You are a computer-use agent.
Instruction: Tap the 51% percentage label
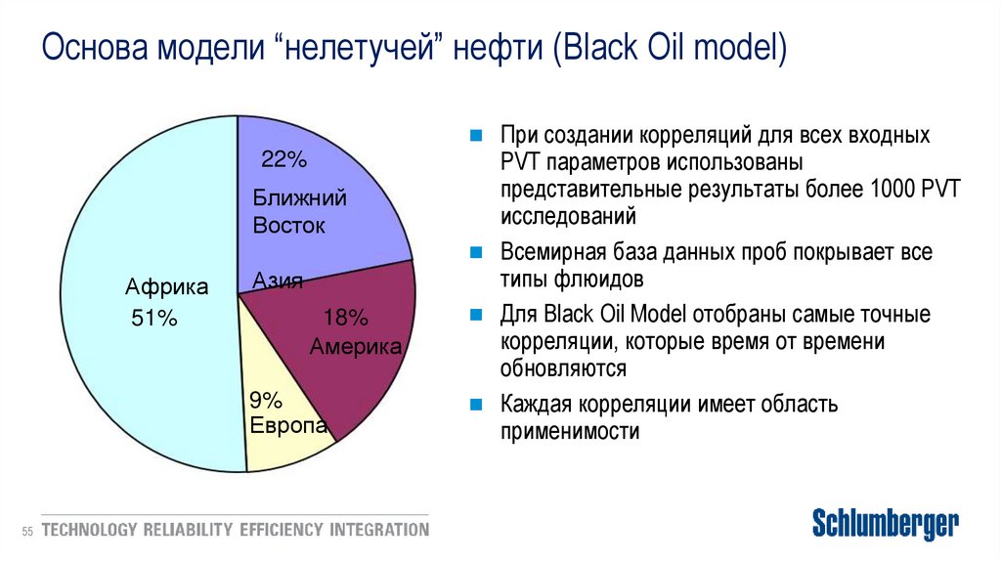pyautogui.click(x=153, y=318)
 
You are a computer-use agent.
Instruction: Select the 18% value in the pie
pyautogui.click(x=345, y=318)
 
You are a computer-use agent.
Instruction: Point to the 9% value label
pyautogui.click(x=265, y=400)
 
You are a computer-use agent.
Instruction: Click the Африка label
pyautogui.click(x=166, y=287)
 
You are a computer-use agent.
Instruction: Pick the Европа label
pyautogui.click(x=287, y=426)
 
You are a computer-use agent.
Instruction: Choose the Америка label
pyautogui.click(x=357, y=347)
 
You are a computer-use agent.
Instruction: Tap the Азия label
pyautogui.click(x=278, y=281)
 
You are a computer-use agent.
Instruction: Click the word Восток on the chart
pyautogui.click(x=289, y=226)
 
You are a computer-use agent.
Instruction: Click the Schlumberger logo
pyautogui.click(x=886, y=524)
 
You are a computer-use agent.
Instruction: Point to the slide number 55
pyautogui.click(x=26, y=531)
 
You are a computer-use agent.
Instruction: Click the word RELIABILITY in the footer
pyautogui.click(x=188, y=531)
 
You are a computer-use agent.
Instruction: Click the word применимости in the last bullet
pyautogui.click(x=570, y=431)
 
